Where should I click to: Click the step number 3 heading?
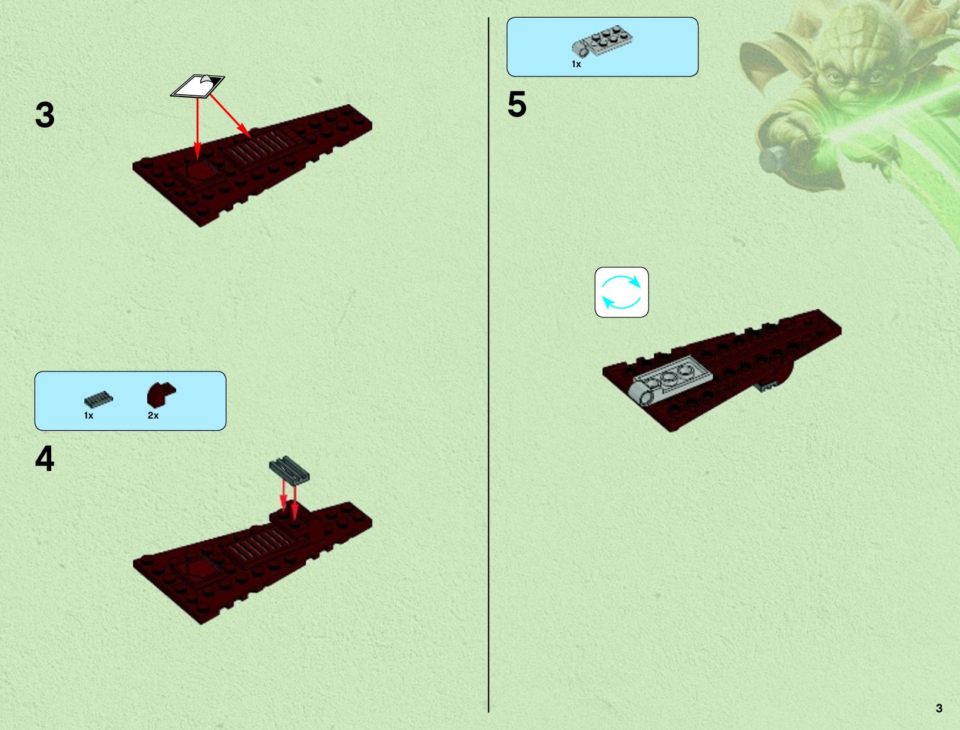pos(45,115)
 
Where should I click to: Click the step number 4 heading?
pos(45,459)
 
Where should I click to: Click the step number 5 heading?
pos(517,104)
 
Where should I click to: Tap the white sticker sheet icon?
pos(197,86)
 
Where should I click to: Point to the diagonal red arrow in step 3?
pos(230,116)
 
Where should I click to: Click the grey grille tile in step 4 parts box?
pos(98,400)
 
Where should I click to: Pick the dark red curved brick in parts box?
pos(161,394)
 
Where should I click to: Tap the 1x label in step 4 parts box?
pos(89,416)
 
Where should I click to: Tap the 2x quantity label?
pos(153,416)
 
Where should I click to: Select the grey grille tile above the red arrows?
pos(289,470)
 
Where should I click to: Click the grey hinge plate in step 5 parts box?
pos(602,41)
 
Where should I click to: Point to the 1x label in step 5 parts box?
pos(577,64)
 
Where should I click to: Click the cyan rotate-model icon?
pos(621,292)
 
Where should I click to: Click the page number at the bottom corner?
pos(939,709)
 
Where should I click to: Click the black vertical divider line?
pos(488,365)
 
